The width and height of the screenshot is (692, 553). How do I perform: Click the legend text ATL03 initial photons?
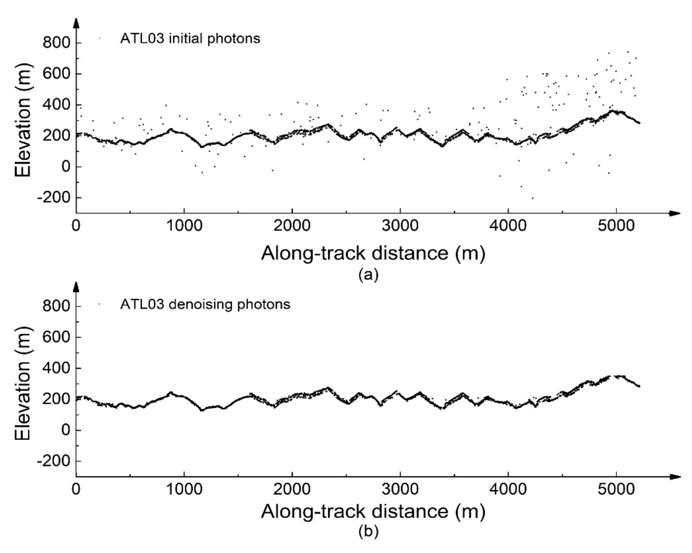coord(190,39)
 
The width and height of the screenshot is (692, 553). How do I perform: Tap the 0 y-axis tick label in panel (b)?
coord(66,430)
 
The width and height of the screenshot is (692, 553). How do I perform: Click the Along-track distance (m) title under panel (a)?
coord(373,253)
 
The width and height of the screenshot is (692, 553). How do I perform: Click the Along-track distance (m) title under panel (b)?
coord(373,511)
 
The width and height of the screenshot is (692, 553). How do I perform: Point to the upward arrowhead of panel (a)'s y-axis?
coord(76,23)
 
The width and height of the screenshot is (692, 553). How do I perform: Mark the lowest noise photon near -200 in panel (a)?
coord(533,198)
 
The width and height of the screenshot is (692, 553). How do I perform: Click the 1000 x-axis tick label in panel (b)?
coord(184,490)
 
